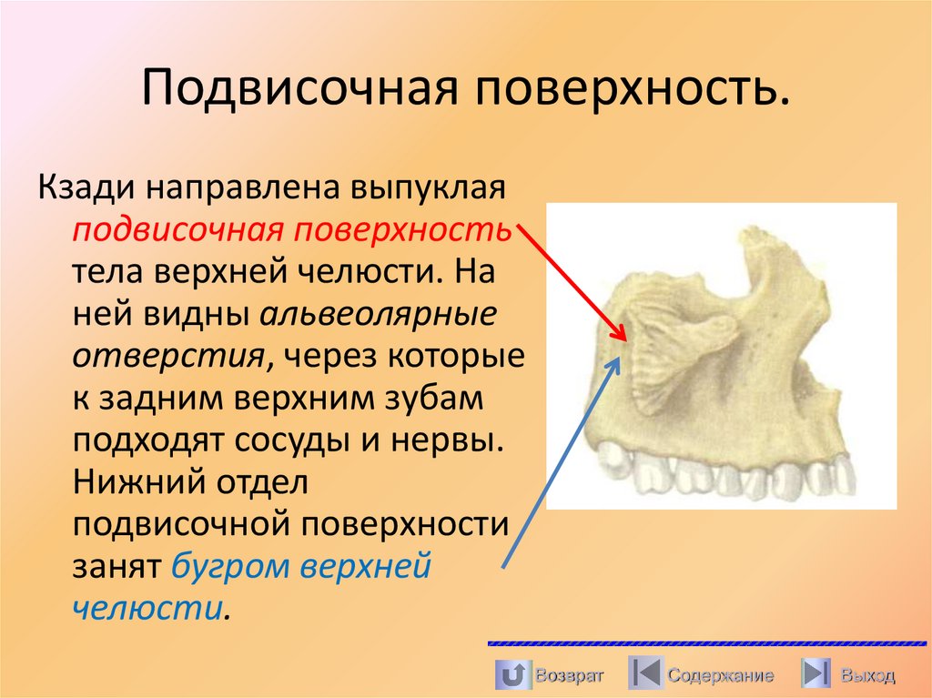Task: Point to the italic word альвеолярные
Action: click(380, 314)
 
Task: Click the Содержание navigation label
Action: click(720, 676)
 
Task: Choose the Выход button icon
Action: click(815, 674)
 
